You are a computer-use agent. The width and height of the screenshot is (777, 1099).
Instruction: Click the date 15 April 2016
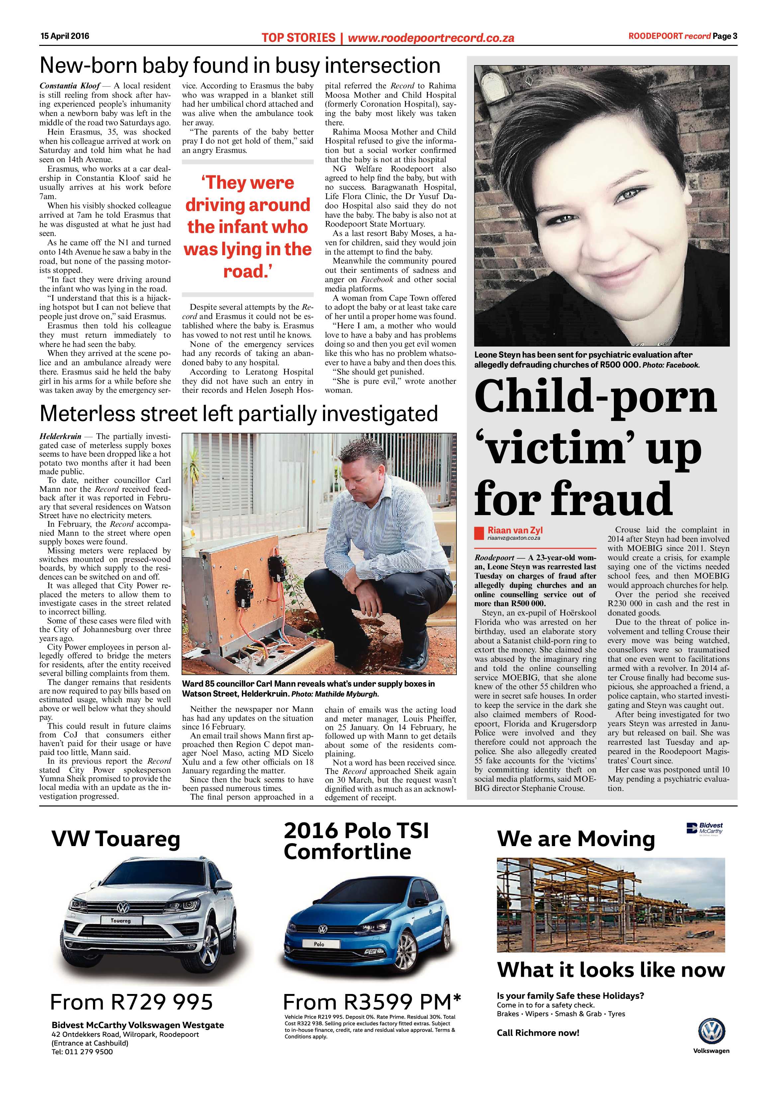pyautogui.click(x=64, y=36)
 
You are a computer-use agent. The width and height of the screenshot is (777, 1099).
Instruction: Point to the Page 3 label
pyautogui.click(x=725, y=36)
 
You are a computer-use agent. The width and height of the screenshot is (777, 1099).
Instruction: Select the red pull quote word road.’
pyautogui.click(x=247, y=272)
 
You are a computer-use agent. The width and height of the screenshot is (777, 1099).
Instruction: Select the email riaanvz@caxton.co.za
pyautogui.click(x=513, y=538)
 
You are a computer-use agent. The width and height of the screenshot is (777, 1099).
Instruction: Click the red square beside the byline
pyautogui.click(x=479, y=533)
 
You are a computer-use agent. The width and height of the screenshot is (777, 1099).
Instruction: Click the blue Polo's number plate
pyautogui.click(x=319, y=944)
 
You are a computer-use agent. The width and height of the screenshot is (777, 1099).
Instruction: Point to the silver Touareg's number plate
pyautogui.click(x=121, y=920)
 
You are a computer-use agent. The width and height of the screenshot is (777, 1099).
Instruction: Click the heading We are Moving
pyautogui.click(x=576, y=839)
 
